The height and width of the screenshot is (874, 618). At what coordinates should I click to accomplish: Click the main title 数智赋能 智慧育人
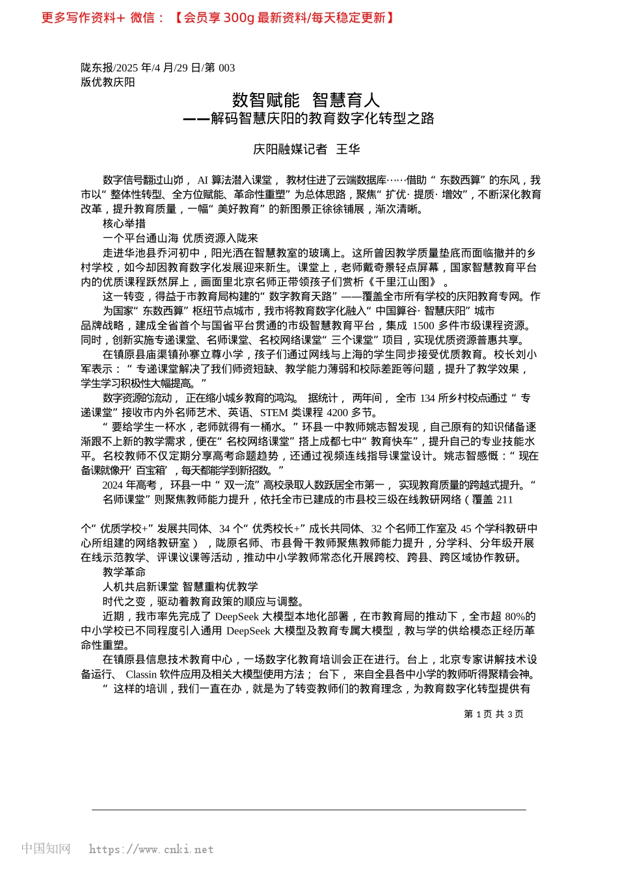click(x=306, y=100)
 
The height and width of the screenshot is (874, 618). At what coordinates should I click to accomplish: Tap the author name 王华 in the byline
click(x=348, y=150)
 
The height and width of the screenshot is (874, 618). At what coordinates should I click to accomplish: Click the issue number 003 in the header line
click(x=226, y=68)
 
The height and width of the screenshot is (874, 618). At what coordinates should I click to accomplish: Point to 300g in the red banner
click(x=239, y=18)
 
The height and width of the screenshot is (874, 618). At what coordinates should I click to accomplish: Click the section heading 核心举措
click(x=124, y=224)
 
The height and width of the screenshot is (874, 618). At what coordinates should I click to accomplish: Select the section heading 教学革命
click(x=124, y=572)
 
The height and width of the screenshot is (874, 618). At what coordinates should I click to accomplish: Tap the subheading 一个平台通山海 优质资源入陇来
click(x=180, y=238)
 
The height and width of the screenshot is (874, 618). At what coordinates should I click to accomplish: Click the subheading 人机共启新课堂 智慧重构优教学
click(x=180, y=587)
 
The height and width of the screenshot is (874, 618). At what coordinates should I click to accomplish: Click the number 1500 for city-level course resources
click(x=423, y=326)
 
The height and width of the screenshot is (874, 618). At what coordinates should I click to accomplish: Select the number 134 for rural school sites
click(x=427, y=398)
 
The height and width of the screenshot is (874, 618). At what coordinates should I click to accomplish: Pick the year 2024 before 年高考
click(x=113, y=485)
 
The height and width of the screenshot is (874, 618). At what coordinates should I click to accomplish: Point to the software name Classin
click(x=141, y=674)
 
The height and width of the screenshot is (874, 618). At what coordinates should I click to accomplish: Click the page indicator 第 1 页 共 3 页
click(x=493, y=714)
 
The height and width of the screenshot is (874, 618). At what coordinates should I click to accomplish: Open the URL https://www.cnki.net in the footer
click(x=151, y=849)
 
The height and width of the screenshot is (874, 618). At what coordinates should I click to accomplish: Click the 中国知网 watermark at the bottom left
click(x=46, y=849)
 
